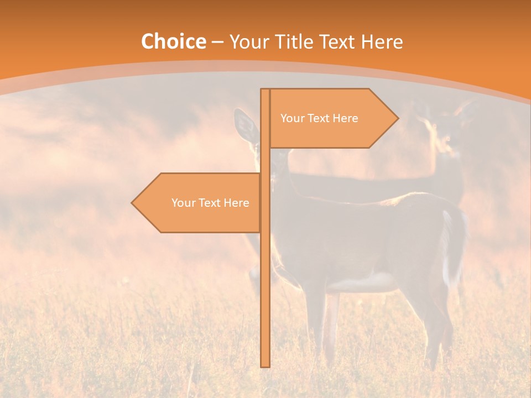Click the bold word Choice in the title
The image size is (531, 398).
[173, 41]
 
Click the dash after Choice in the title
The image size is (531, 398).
[217, 42]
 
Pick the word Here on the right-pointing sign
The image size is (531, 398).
[346, 118]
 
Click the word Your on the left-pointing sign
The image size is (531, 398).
[183, 203]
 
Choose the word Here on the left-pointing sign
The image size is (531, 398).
[237, 203]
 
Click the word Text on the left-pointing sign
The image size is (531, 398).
[210, 203]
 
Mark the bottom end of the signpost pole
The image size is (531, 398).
[265, 365]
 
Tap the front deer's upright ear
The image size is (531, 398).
[244, 125]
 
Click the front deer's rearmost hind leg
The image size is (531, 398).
[437, 332]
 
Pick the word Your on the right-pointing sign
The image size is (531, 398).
[291, 118]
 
